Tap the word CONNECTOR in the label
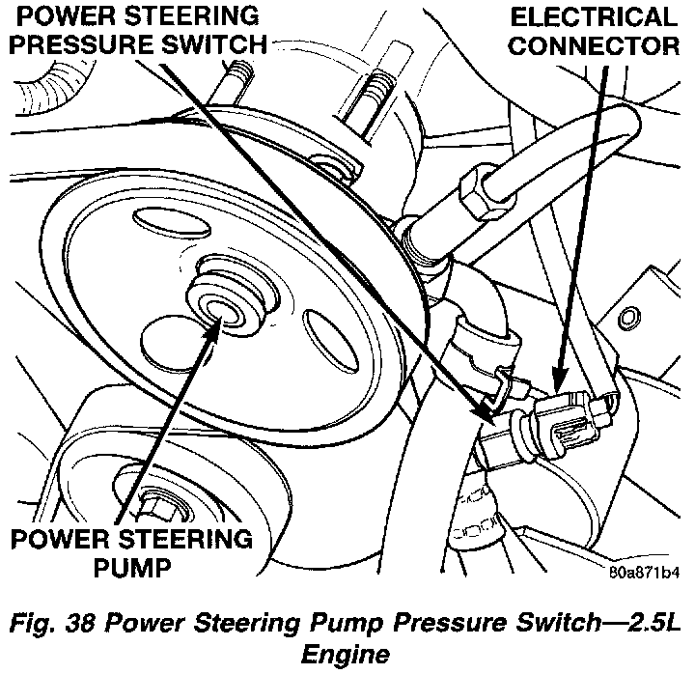click(606, 45)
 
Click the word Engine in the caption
click(347, 654)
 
